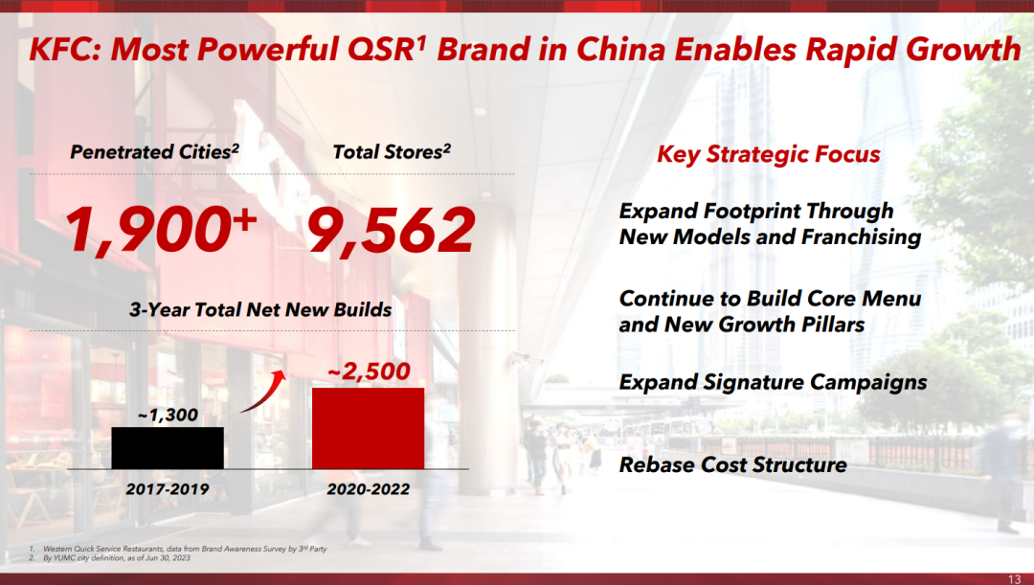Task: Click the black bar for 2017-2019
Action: tap(168, 448)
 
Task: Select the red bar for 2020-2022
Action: tap(368, 428)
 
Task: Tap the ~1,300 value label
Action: tap(168, 415)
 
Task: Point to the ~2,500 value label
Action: tap(369, 371)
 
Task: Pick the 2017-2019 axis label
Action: tap(168, 489)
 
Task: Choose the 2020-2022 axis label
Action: tap(368, 489)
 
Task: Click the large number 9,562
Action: tap(391, 230)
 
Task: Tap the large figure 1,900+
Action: tap(160, 229)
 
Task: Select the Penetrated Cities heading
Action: tap(154, 152)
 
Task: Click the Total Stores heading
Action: tap(392, 152)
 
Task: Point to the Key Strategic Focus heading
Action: tap(768, 154)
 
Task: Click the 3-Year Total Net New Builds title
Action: tap(260, 309)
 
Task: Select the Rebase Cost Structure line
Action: tap(732, 465)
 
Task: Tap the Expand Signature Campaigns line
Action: tap(773, 383)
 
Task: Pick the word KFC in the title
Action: tap(62, 50)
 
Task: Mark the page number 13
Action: tap(1014, 579)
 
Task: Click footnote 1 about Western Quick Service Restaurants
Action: tap(178, 549)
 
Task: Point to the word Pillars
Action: tap(831, 325)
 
